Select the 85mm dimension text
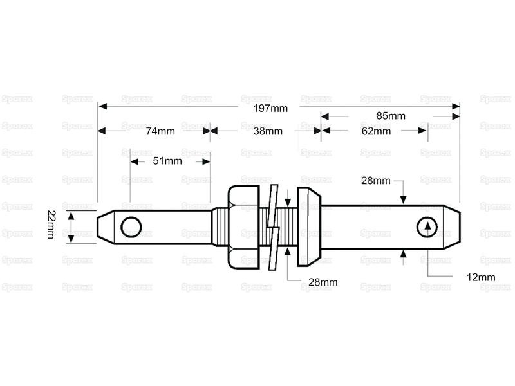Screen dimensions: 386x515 tap(391, 116)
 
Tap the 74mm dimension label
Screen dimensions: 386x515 tap(160, 131)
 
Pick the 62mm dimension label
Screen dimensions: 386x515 tap(377, 131)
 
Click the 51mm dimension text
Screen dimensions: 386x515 tap(167, 161)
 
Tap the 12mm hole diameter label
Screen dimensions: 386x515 tap(480, 277)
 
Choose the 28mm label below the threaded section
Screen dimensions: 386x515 tap(322, 282)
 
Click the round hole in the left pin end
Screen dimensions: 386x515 tap(131, 226)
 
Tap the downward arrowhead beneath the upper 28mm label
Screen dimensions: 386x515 tap(403, 199)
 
